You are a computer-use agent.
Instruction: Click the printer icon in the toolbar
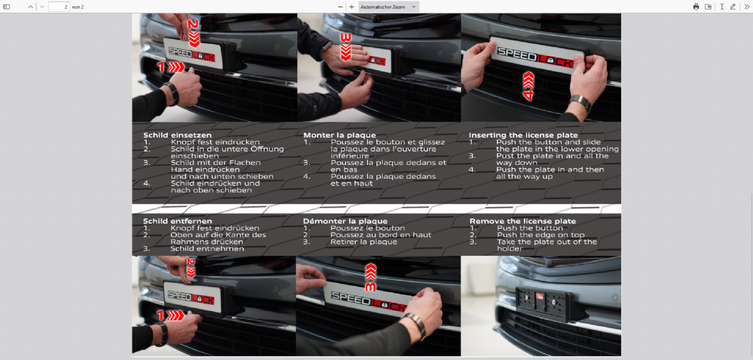(x=696, y=7)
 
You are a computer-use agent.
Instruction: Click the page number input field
(x=59, y=7)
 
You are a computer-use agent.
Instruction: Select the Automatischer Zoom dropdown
(x=388, y=7)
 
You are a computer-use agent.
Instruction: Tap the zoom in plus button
(x=351, y=7)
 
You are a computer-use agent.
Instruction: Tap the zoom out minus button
(x=340, y=7)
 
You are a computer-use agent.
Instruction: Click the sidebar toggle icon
(x=6, y=7)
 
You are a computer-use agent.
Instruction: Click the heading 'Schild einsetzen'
(x=178, y=135)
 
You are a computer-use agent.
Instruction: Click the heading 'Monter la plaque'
(x=339, y=135)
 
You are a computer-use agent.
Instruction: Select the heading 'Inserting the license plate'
(x=523, y=135)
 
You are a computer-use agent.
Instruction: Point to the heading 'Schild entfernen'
(x=178, y=221)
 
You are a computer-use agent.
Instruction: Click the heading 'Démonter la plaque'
(x=345, y=221)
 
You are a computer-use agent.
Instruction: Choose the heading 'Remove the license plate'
(x=523, y=221)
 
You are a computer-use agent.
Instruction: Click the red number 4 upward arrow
(x=528, y=86)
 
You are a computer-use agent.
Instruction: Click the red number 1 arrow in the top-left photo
(x=171, y=67)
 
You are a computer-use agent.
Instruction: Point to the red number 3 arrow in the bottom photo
(x=371, y=277)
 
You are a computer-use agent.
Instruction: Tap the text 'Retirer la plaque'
(x=364, y=242)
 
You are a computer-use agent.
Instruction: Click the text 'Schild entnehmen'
(x=207, y=249)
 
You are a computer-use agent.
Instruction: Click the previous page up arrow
(x=31, y=7)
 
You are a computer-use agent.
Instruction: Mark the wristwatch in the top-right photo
(x=581, y=103)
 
